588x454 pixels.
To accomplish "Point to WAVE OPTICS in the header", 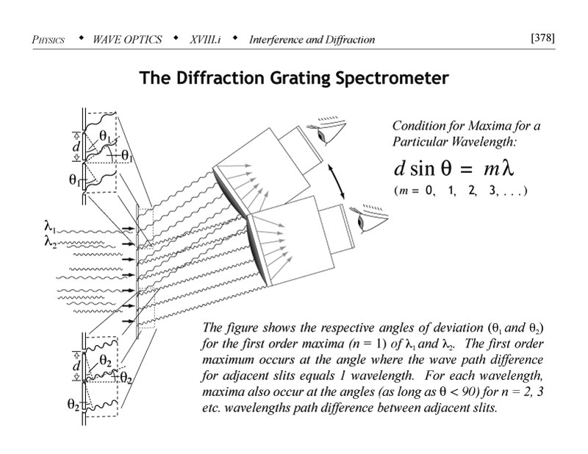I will [128, 39].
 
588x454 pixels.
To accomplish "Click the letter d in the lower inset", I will [76, 365].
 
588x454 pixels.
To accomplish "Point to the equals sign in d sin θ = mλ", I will [461, 169].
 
